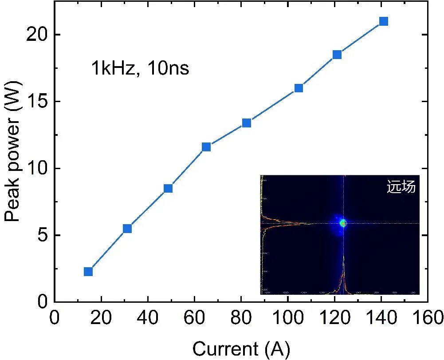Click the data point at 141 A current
pos(384,21)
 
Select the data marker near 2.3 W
pos(88,271)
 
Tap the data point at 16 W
pos(299,88)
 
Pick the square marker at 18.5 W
pos(337,55)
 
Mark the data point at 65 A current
pos(206,147)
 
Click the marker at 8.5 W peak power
pos(168,188)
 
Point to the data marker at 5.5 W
pos(127,228)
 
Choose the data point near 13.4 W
pos(247,123)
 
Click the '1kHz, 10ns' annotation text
pos(140,69)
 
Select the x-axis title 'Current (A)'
pos(241,348)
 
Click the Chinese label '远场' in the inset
pos(401,187)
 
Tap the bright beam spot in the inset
pos(343,223)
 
